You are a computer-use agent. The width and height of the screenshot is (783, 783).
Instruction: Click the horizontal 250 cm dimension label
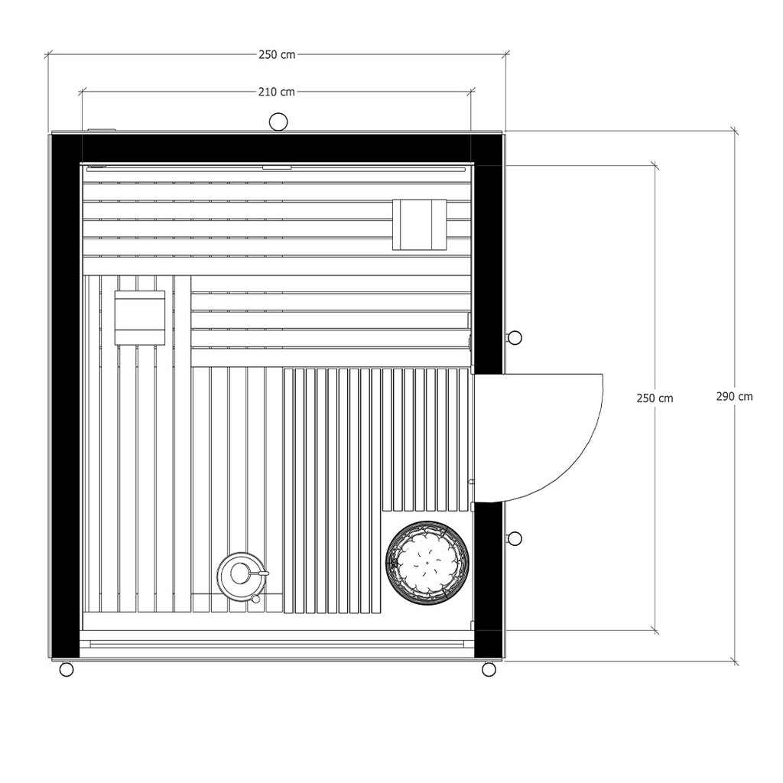click(277, 54)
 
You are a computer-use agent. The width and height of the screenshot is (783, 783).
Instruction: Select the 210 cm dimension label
click(277, 92)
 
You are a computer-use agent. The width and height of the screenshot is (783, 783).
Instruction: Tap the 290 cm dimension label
click(734, 397)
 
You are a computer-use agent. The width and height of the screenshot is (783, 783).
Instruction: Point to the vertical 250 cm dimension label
click(655, 398)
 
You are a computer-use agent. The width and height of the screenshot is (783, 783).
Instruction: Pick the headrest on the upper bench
click(419, 224)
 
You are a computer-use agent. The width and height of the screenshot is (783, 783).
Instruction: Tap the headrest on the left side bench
click(140, 317)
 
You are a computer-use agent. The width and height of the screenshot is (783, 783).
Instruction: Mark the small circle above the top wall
click(278, 122)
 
